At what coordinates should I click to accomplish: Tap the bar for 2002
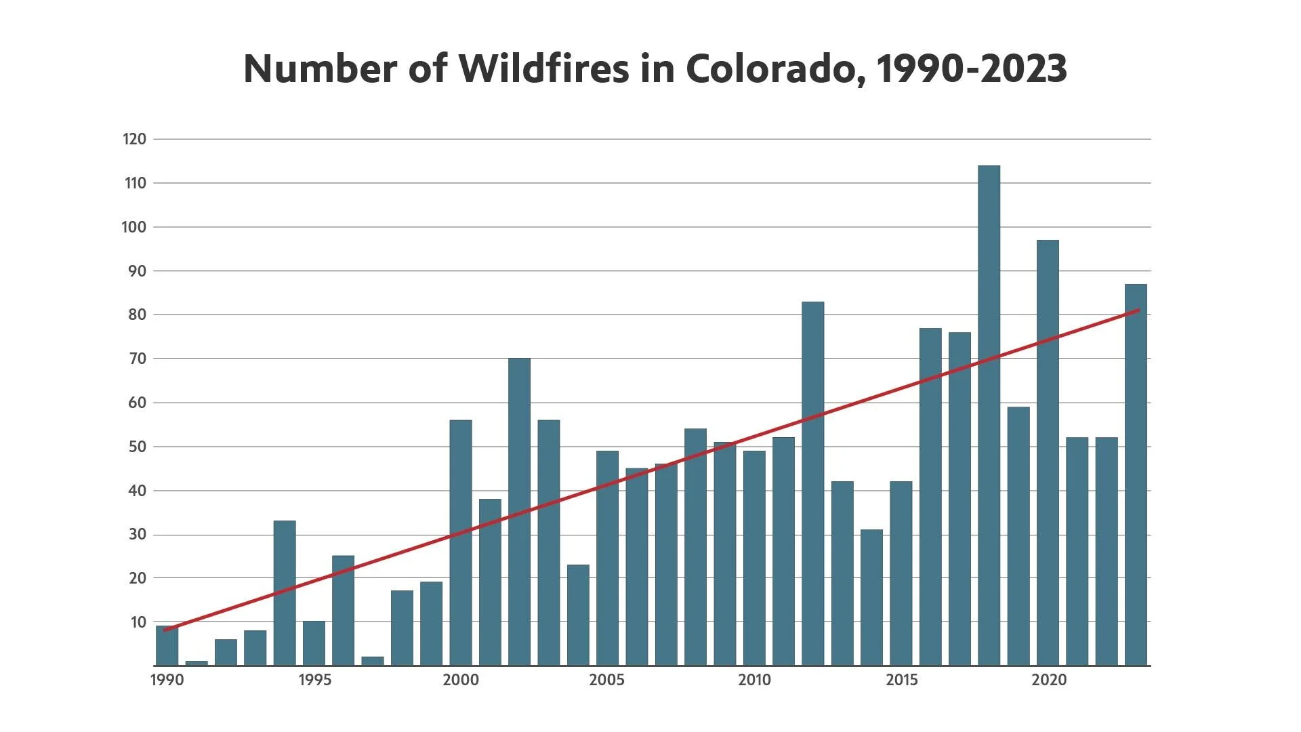coord(519,512)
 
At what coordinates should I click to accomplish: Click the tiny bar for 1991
coord(197,663)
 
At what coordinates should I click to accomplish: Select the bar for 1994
coord(285,593)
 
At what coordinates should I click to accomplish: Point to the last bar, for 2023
coord(1136,474)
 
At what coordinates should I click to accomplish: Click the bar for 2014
coord(871,597)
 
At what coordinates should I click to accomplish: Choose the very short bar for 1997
coord(373,661)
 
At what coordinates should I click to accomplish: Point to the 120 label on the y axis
coord(134,140)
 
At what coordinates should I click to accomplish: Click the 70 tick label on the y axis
coord(137,359)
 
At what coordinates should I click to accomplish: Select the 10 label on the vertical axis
coord(138,622)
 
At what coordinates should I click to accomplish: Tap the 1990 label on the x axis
coord(167,680)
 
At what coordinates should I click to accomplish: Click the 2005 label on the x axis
coord(606,680)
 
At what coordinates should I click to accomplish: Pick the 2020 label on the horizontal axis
coord(1048,680)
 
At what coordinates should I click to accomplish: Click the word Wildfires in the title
coord(543,68)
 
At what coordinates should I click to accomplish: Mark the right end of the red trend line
coord(1138,310)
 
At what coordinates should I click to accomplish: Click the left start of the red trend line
coord(165,630)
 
